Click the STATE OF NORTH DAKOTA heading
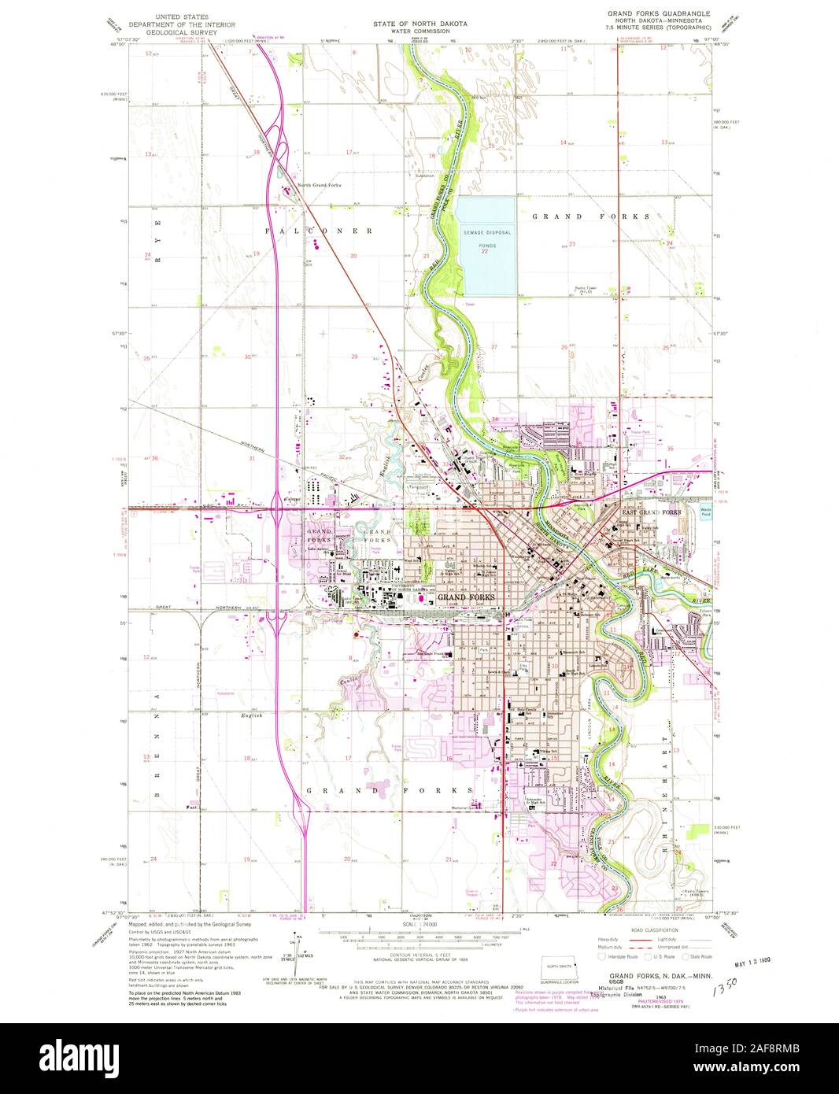click(x=419, y=24)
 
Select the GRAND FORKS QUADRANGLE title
click(x=658, y=14)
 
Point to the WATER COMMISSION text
click(x=419, y=32)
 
